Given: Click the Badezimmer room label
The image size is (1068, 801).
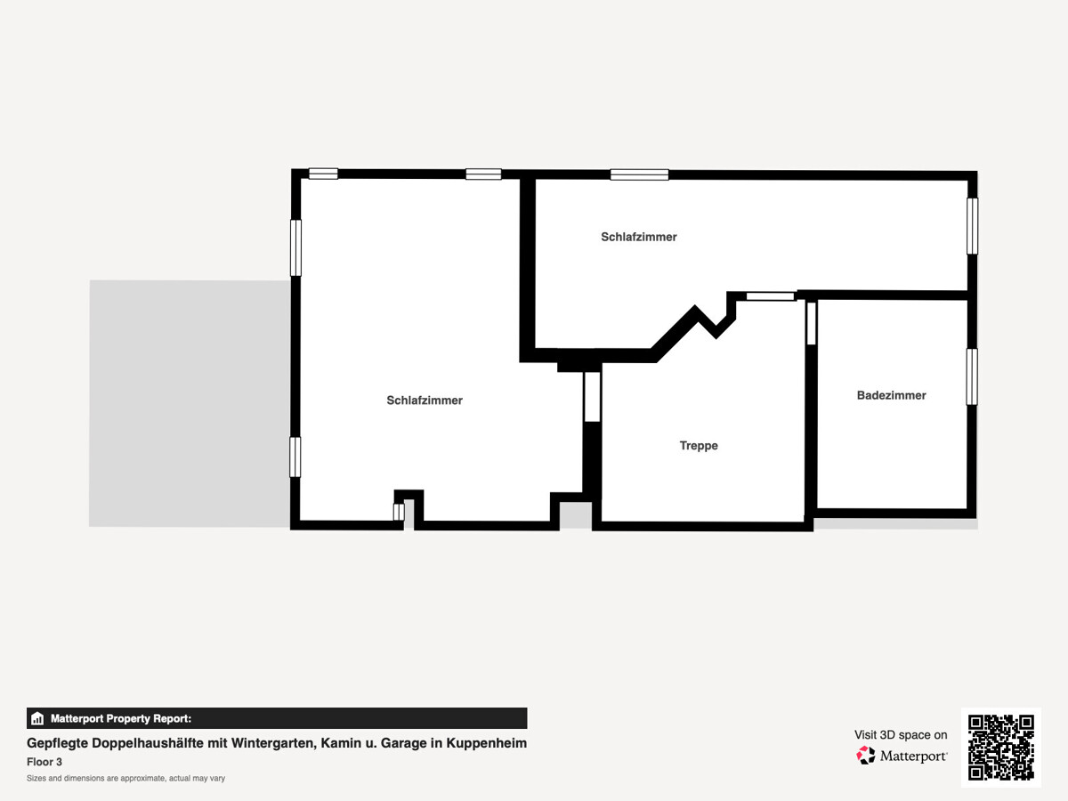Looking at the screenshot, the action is tap(891, 395).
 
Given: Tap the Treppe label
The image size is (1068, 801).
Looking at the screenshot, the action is tap(699, 446).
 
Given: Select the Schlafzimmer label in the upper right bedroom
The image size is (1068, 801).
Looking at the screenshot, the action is tap(638, 237).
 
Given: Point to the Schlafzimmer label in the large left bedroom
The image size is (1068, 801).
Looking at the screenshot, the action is tap(425, 400).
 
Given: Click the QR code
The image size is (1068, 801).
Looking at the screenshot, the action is tap(1001, 748).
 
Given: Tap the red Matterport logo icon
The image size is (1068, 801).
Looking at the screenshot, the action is tap(866, 756).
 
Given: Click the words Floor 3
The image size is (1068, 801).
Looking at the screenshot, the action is tap(44, 762).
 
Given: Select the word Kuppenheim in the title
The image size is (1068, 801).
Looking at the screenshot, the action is tap(487, 743).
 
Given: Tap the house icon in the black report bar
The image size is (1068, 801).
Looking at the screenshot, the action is tap(37, 718).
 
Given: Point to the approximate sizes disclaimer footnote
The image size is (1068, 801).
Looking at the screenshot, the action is tap(126, 778).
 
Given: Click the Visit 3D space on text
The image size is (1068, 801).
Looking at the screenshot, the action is tap(901, 735).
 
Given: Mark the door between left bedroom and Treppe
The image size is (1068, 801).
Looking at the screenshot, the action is tap(592, 397).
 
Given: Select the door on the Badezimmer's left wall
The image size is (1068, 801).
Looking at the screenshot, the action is tap(811, 323).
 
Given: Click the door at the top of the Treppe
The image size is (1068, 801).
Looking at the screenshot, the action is tap(770, 296).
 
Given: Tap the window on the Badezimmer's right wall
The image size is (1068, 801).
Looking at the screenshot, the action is tap(972, 376).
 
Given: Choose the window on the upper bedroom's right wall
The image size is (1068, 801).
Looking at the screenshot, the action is tap(972, 226).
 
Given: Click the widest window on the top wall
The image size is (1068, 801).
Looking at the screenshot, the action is tap(639, 174).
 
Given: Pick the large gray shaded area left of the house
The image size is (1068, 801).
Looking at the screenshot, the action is tap(190, 403).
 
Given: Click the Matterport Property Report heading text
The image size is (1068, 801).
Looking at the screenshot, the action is tap(121, 718).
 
